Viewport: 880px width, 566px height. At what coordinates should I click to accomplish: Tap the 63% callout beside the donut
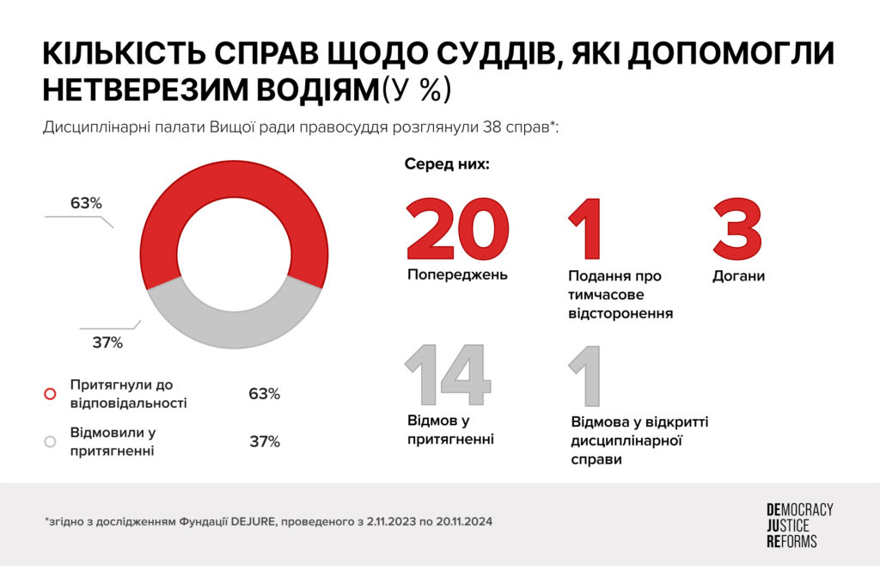tap(86, 204)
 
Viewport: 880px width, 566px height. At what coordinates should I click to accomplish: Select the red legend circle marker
tap(50, 394)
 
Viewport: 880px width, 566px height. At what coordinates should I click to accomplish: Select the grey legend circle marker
tap(50, 440)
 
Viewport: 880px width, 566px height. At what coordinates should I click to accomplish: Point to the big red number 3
tap(738, 229)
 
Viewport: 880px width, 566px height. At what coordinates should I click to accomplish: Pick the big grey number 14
tap(448, 375)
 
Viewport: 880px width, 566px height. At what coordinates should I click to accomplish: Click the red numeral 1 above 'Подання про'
tap(585, 229)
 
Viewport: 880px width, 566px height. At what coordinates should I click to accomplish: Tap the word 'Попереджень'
tap(457, 275)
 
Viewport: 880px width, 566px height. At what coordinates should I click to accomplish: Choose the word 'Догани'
tap(738, 276)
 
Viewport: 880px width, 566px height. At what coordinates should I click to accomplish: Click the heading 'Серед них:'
tap(447, 164)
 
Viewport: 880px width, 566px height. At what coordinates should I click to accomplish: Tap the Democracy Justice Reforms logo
tap(798, 526)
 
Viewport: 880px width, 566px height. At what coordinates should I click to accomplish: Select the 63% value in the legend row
tap(264, 394)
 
